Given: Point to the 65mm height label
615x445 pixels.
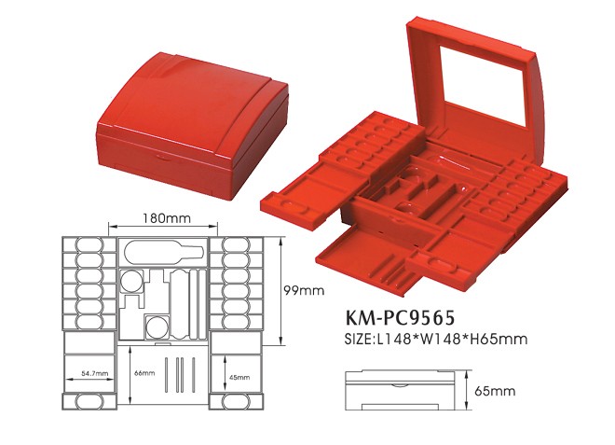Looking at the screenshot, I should [499, 390].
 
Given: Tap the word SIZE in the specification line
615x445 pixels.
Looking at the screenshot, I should [359, 339].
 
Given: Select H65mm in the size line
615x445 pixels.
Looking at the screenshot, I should [500, 339].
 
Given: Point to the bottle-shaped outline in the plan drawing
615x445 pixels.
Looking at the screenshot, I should [164, 253].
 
